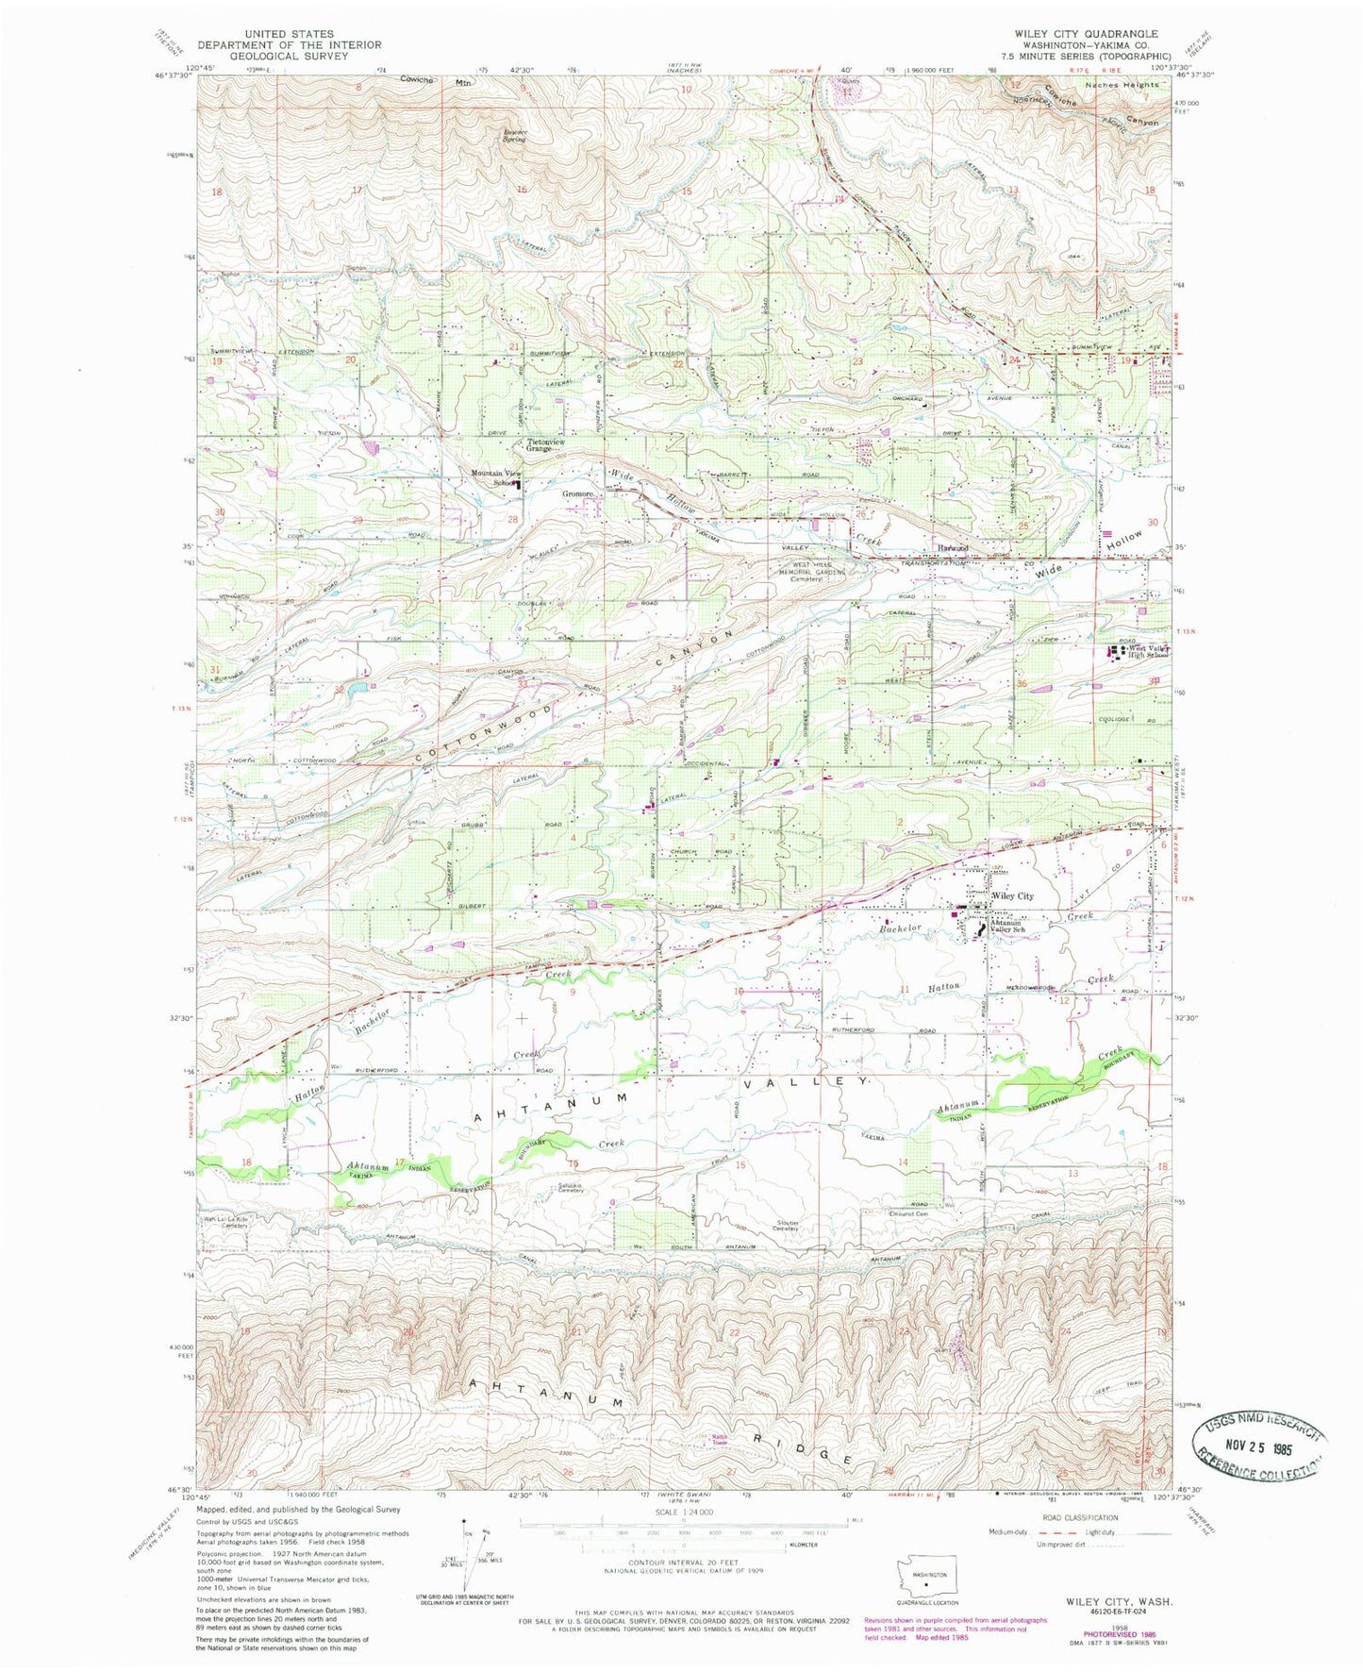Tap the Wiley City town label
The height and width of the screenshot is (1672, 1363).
[x=1012, y=895]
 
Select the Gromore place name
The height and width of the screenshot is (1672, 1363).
[x=578, y=493]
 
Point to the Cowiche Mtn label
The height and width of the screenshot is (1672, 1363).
[x=436, y=81]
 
